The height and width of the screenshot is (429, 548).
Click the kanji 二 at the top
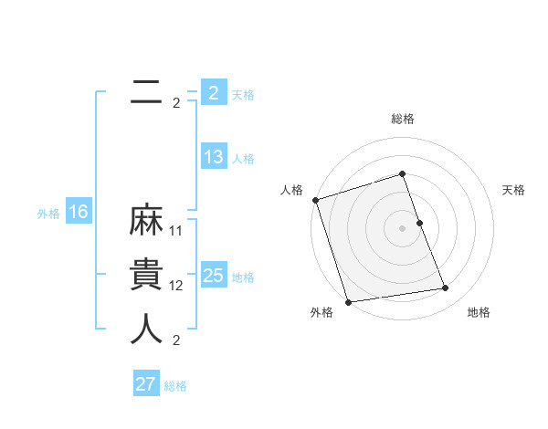pos(146,92)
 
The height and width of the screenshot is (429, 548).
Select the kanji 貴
pos(146,275)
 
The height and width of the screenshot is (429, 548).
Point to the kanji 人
pos(146,329)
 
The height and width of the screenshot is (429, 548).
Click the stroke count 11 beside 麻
pos(176,231)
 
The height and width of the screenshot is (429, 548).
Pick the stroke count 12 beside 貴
pos(176,286)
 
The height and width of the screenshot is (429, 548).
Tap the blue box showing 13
pos(214,157)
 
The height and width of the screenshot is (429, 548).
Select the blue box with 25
pos(214,276)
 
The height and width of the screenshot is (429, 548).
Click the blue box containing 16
pos(79,213)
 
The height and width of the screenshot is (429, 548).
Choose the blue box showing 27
pos(146,384)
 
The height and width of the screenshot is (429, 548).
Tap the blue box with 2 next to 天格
pos(214,93)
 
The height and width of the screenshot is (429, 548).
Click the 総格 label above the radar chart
pos(402,119)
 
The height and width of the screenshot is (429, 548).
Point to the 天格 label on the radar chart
pos(514,190)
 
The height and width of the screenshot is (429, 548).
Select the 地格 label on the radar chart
pos(479,312)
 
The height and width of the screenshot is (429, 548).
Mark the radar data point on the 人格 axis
pos(315,200)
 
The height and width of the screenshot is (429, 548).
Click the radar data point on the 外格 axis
pos(348,301)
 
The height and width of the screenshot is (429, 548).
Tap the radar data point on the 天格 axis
pos(419,223)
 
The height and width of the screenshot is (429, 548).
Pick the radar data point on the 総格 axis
pos(402,173)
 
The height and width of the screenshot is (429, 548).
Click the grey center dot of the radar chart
pos(402,228)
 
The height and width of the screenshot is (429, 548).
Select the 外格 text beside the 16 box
pos(48,214)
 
